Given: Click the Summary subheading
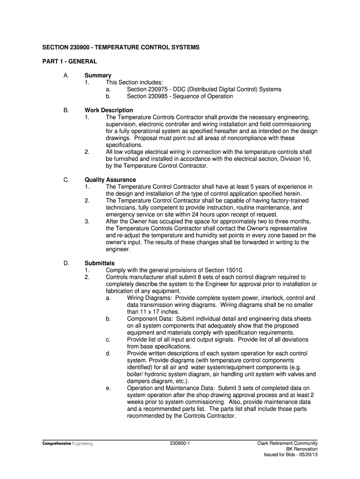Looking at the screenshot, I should (98, 75).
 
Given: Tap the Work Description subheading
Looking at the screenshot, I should (108, 110).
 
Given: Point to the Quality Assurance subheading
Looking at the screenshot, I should (110, 180).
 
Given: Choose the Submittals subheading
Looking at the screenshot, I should (99, 263).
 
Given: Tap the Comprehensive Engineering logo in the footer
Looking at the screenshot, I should (67, 443).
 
